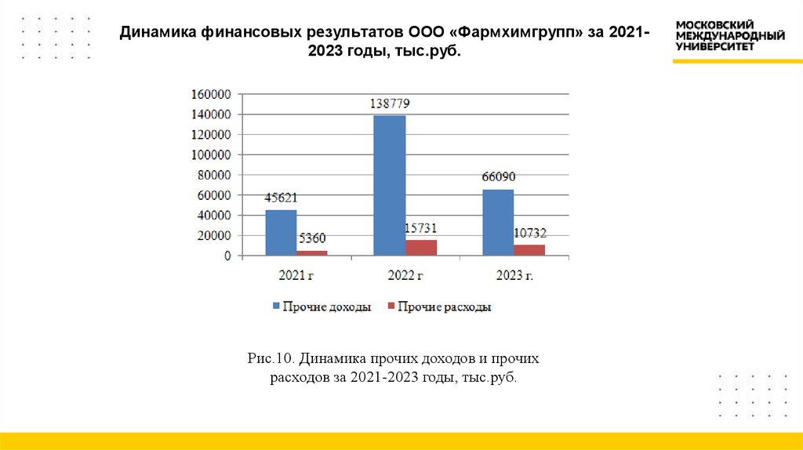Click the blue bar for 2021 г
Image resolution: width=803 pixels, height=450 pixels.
tap(281, 233)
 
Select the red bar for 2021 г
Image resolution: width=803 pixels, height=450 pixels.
tap(311, 253)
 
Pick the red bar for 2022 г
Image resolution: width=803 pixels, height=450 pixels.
tap(421, 248)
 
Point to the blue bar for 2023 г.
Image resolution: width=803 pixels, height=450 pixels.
tap(498, 223)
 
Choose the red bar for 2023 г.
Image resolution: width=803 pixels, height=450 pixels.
tap(529, 250)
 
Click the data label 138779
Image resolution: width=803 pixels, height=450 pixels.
tap(390, 103)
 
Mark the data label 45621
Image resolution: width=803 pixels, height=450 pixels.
tap(282, 198)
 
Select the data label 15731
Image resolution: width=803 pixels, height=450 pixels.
tap(420, 228)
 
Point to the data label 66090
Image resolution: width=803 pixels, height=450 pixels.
tap(498, 177)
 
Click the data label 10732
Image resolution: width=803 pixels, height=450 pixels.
tap(529, 233)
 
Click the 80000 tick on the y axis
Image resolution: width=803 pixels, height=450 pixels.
tap(213, 175)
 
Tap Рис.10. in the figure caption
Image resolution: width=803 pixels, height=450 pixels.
tap(270, 359)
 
